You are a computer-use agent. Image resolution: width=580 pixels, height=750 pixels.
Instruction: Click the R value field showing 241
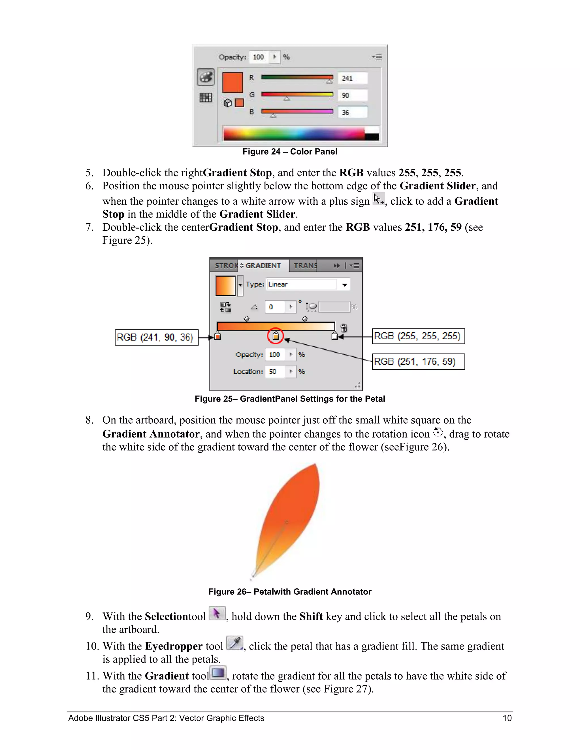click(x=353, y=78)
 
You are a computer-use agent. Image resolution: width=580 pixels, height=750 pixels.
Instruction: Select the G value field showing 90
click(x=353, y=95)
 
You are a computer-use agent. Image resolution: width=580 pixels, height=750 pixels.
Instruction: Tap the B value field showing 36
click(x=353, y=112)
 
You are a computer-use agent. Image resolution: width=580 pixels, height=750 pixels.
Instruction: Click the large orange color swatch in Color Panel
click(x=233, y=82)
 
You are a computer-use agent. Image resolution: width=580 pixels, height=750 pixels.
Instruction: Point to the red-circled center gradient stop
click(x=275, y=336)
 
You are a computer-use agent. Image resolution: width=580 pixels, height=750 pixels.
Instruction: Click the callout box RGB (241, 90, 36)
click(x=156, y=337)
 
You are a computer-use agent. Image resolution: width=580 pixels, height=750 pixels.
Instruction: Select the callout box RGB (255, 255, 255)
click(x=419, y=336)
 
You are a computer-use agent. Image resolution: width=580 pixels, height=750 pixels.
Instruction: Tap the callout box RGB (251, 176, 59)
click(x=419, y=362)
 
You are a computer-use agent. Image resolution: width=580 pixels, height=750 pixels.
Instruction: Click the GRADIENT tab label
click(x=263, y=265)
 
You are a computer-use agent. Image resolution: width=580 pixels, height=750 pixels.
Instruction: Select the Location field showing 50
click(x=275, y=372)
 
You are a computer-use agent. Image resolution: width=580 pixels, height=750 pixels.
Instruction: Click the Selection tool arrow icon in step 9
click(x=217, y=614)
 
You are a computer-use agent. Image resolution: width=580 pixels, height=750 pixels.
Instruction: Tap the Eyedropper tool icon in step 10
click(x=235, y=643)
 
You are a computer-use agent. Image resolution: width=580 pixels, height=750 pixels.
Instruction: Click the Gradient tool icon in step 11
click(x=218, y=673)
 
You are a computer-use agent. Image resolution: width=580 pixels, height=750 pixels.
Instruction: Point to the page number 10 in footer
click(x=507, y=718)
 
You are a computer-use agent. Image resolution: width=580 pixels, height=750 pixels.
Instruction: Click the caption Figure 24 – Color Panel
click(x=290, y=151)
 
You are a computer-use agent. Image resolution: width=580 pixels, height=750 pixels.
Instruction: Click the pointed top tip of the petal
click(x=316, y=464)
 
